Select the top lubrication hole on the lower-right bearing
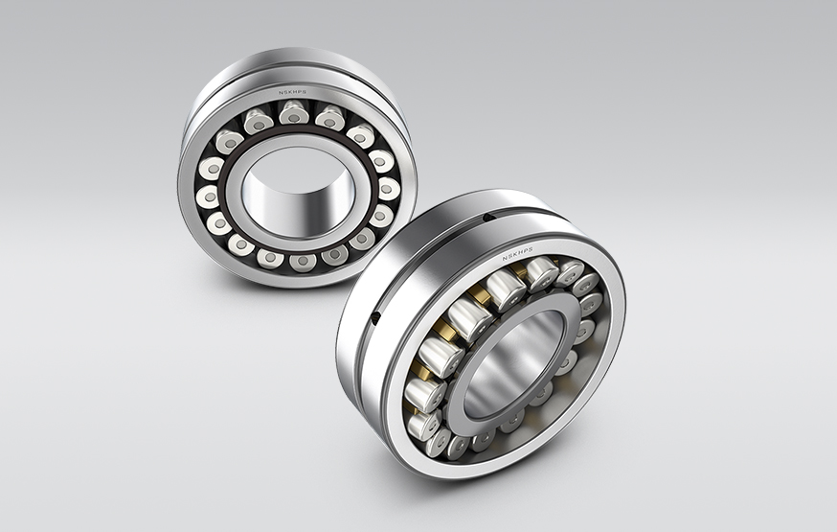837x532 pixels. coord(488,218)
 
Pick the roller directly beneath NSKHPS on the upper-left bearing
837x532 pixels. coord(294,113)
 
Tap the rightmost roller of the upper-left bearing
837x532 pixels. coord(389,188)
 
